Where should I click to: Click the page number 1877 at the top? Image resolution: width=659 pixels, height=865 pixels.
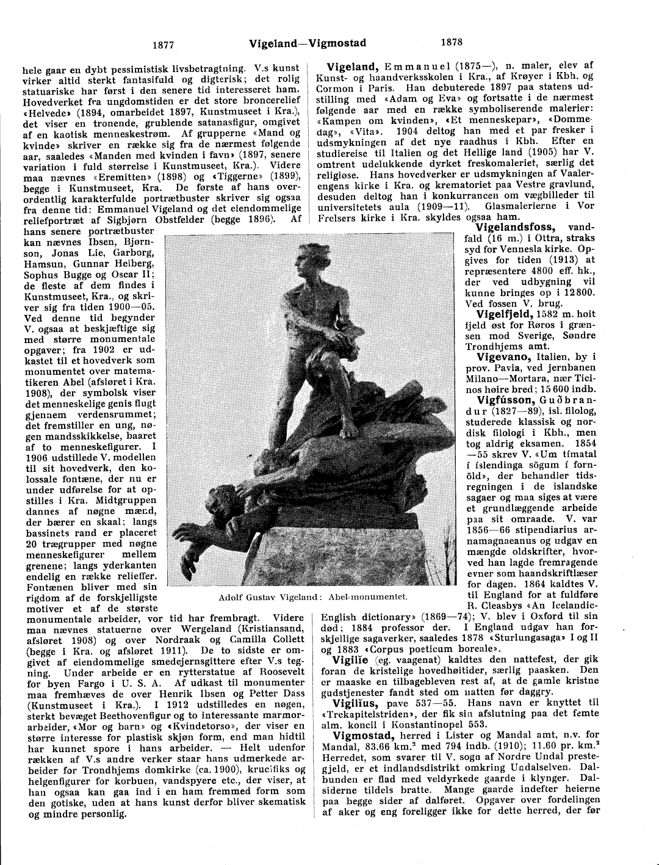coord(163,44)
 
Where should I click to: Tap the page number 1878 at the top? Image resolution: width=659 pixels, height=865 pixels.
coord(451,42)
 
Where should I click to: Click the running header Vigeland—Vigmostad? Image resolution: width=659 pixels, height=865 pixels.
coord(308,43)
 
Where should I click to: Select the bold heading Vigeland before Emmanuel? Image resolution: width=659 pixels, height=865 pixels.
coord(354,67)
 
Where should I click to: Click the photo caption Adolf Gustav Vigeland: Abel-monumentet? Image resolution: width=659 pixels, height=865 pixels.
coord(312,596)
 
